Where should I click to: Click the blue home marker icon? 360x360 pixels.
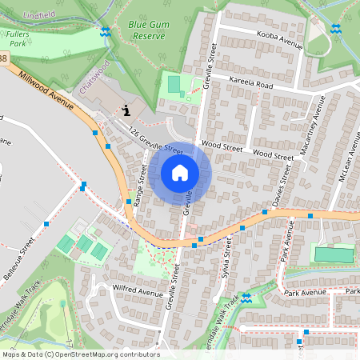(x=180, y=173)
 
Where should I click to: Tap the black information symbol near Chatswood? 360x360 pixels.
(x=125, y=110)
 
